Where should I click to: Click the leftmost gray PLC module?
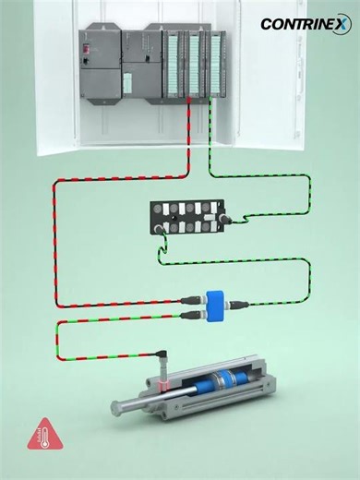click(x=100, y=65)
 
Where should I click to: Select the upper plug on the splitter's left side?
click(x=193, y=297)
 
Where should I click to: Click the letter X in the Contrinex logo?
click(x=343, y=24)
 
